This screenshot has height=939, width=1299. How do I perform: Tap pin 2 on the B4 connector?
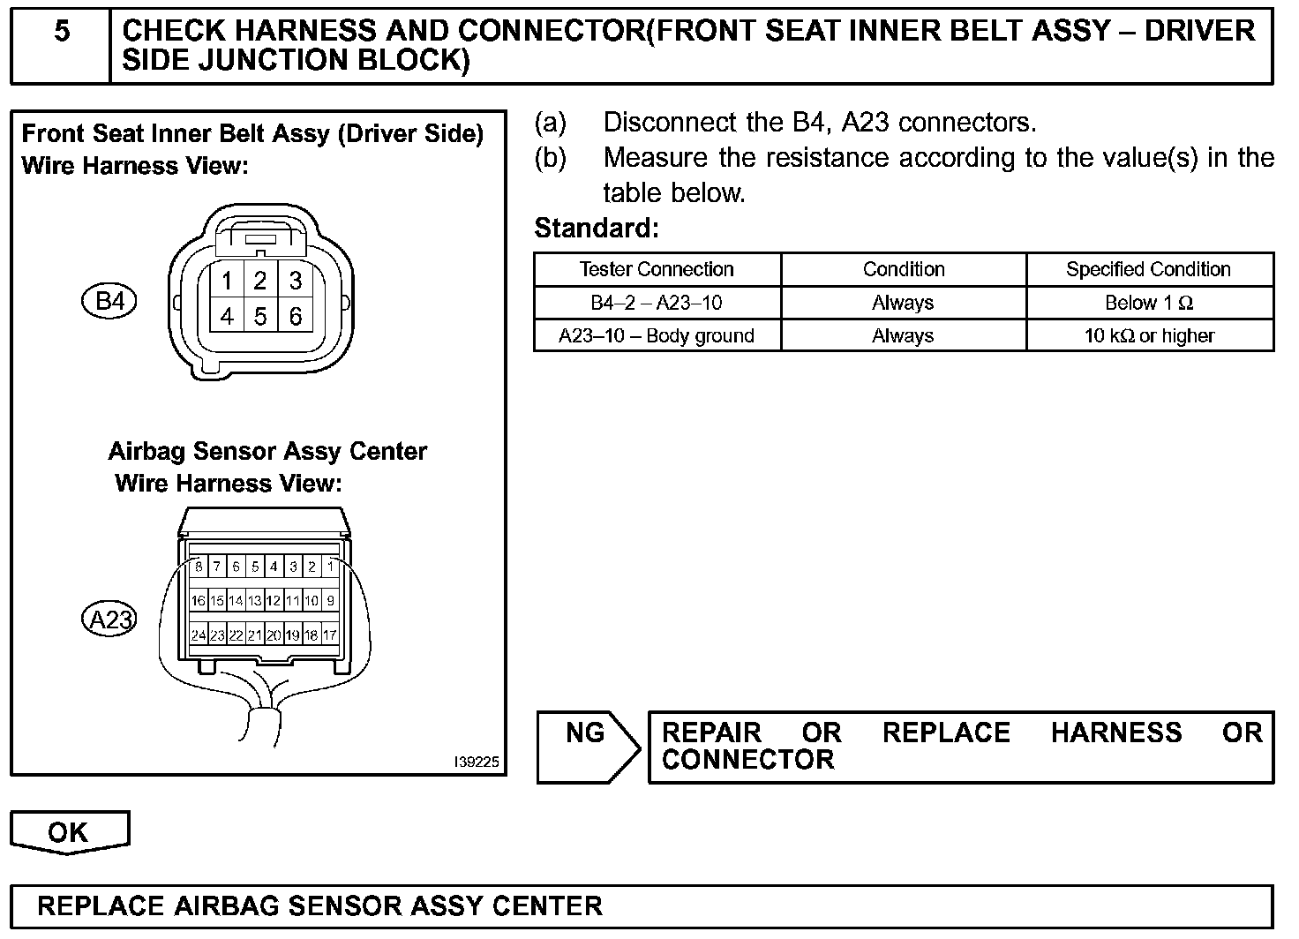tap(260, 281)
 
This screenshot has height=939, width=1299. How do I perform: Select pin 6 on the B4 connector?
tap(296, 315)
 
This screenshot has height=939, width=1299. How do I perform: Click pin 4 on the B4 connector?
tap(227, 315)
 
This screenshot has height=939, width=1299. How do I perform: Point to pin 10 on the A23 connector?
tap(312, 601)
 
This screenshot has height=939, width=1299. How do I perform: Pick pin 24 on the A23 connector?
tap(199, 635)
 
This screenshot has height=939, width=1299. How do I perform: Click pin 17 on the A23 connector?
tap(330, 635)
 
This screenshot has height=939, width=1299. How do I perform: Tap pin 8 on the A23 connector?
tap(199, 567)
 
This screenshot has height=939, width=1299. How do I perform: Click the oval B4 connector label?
tap(110, 302)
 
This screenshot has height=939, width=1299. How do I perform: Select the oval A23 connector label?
tap(110, 620)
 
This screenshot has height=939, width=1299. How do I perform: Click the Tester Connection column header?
tap(657, 269)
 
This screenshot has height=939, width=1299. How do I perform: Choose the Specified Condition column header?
tap(1148, 269)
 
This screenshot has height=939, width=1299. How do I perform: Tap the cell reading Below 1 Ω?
tap(1148, 303)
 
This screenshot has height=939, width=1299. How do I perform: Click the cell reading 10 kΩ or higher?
tap(1148, 335)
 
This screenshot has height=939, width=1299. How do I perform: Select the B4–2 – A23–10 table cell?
tap(657, 303)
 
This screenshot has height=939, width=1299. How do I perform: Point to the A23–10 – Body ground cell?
tap(657, 335)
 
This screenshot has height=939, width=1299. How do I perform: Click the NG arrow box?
tap(586, 747)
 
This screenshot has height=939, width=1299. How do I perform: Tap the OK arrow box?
tap(69, 832)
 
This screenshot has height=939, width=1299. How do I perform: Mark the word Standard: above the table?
tap(597, 229)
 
